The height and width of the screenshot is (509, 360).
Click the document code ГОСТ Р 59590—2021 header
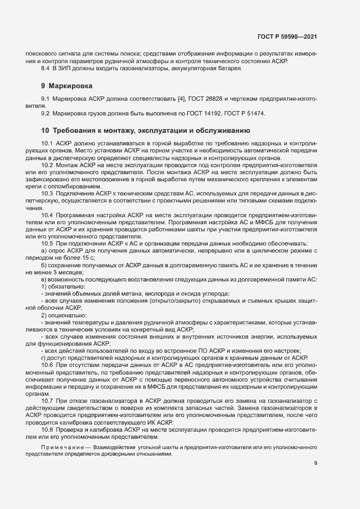coord(288,37)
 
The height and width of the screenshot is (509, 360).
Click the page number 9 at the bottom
coord(316,463)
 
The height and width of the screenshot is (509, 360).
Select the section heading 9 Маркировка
coord(67,86)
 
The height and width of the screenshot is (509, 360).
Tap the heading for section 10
coord(145,131)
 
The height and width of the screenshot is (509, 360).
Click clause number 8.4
coord(46,69)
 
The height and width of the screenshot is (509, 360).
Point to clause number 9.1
coord(46,99)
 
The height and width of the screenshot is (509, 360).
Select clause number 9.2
coord(46,113)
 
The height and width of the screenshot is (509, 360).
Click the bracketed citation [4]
coord(181,99)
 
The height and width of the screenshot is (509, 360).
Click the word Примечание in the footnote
coord(60,447)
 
